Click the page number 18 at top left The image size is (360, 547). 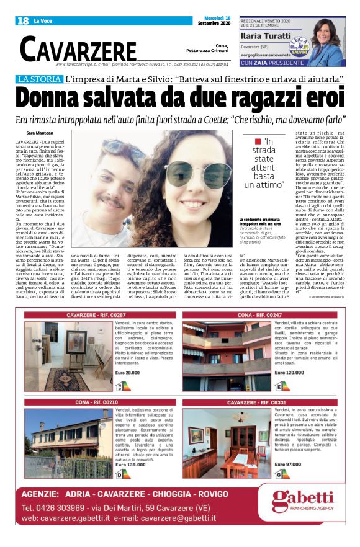coord(23,20)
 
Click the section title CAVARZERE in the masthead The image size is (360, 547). coord(78,49)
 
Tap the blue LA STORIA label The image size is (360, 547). coord(40,79)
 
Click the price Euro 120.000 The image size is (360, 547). coord(290,372)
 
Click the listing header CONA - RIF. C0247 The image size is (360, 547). coord(263,315)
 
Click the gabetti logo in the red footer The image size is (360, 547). coord(302,501)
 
